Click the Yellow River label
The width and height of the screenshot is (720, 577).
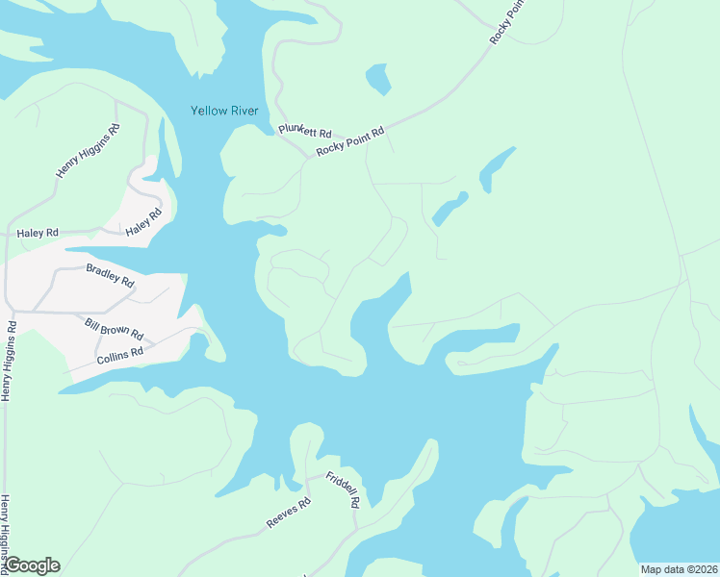point(223,112)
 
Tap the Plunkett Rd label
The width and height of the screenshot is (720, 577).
point(304,131)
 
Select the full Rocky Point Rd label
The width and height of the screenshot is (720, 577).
point(350,141)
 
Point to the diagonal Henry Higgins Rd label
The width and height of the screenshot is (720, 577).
point(88,151)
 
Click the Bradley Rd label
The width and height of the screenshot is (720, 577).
point(110,274)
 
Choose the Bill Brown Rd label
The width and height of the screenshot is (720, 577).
point(114,330)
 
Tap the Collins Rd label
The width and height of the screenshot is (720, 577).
point(119,357)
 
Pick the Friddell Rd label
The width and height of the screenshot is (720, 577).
point(343,489)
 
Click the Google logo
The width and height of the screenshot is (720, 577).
point(32,565)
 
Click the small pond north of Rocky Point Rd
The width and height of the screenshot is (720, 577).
point(378,78)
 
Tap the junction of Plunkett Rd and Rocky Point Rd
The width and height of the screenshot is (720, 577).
point(308,154)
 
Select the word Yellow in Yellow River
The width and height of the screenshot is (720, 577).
point(208,112)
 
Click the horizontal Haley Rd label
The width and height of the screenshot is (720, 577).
point(38,233)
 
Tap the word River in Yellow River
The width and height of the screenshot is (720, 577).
point(243,112)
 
